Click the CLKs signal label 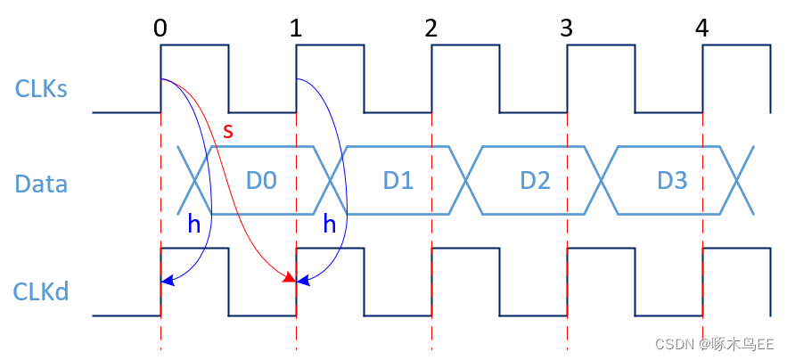click(x=41, y=88)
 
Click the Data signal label click(x=41, y=184)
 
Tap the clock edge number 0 click(x=160, y=28)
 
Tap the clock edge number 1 click(x=296, y=28)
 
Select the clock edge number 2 click(x=431, y=28)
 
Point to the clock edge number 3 click(x=567, y=28)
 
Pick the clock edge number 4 click(x=702, y=28)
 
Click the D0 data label click(x=261, y=181)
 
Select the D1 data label click(x=398, y=181)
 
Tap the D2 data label click(x=535, y=181)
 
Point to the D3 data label click(x=672, y=181)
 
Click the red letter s click(x=228, y=132)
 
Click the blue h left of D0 click(x=193, y=225)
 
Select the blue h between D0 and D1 click(x=329, y=225)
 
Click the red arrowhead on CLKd click(x=290, y=280)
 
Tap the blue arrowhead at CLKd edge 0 click(x=167, y=281)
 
